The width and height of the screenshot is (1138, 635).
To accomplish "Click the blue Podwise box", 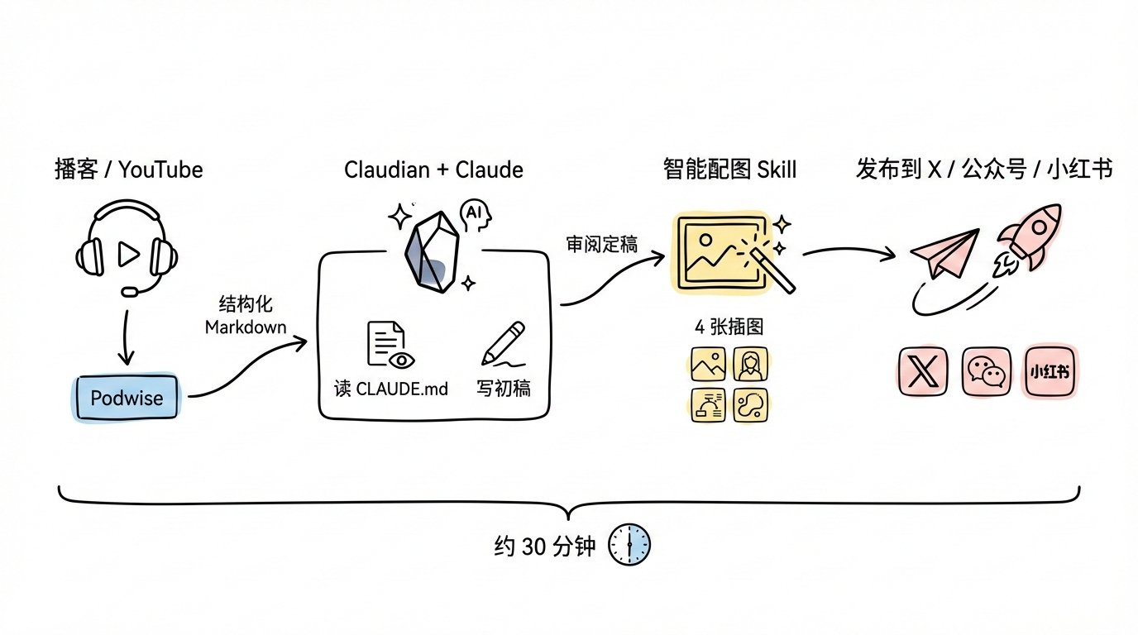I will pos(127,399).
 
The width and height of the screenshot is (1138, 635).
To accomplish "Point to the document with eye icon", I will pos(390,345).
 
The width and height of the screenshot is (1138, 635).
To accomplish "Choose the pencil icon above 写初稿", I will pos(503,344).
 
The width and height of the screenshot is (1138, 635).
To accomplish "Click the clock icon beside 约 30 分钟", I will pos(629,545).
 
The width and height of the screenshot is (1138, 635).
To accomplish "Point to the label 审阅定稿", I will pos(601,246).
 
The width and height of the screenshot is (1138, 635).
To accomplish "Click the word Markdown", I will pos(246,327).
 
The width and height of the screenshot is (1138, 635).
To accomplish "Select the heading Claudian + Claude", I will pos(433,170).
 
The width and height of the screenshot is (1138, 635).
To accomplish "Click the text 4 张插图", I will pos(729,326).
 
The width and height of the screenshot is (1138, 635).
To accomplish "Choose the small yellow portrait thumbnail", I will pos(749,364).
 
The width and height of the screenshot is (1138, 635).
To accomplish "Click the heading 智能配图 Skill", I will pos(729,170).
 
